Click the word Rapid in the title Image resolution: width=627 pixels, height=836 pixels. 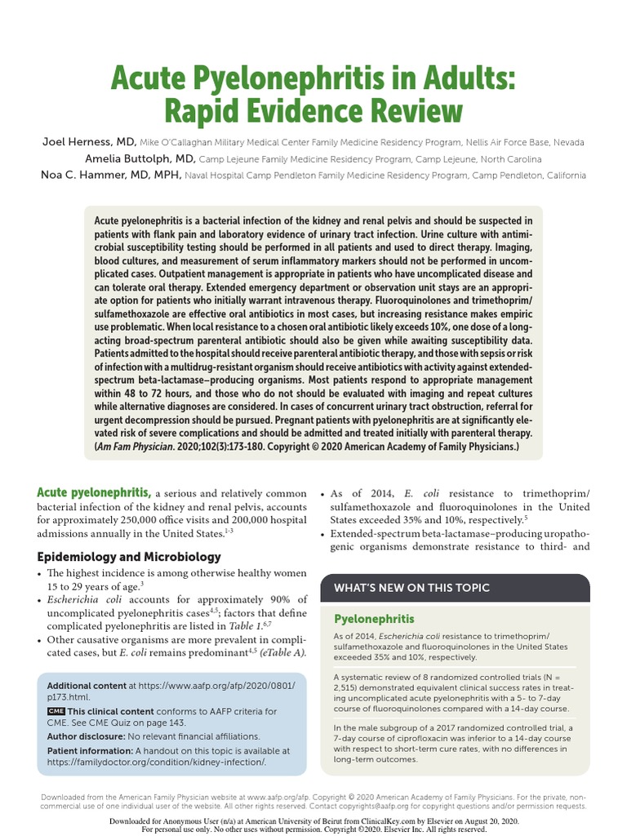pyautogui.click(x=209, y=109)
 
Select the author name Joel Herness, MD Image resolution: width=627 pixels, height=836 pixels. pyautogui.click(x=89, y=141)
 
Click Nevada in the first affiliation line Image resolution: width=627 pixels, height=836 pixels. pyautogui.click(x=563, y=142)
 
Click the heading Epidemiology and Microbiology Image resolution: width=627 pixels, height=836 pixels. pyautogui.click(x=129, y=557)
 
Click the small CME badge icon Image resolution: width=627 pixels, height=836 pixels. pyautogui.click(x=56, y=711)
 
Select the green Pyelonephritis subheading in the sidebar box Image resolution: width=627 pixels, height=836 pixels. pyautogui.click(x=375, y=619)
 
